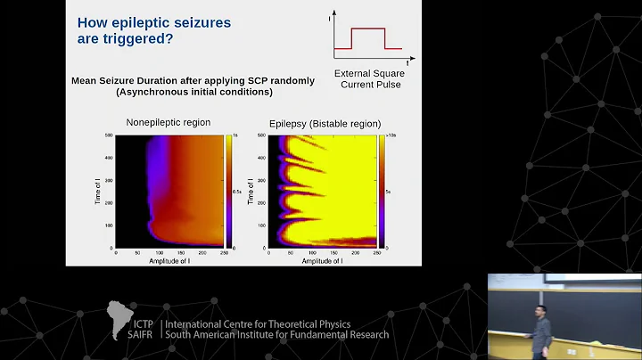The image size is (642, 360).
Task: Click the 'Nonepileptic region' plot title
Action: point(167,123)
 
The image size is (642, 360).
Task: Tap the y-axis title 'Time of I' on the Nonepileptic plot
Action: point(98,191)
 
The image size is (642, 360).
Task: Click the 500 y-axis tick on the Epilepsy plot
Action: point(261,135)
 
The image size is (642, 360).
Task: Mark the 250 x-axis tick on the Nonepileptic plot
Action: point(223,254)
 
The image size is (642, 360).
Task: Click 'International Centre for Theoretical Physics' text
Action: point(259,323)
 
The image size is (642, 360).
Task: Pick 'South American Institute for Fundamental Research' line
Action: point(277,335)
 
